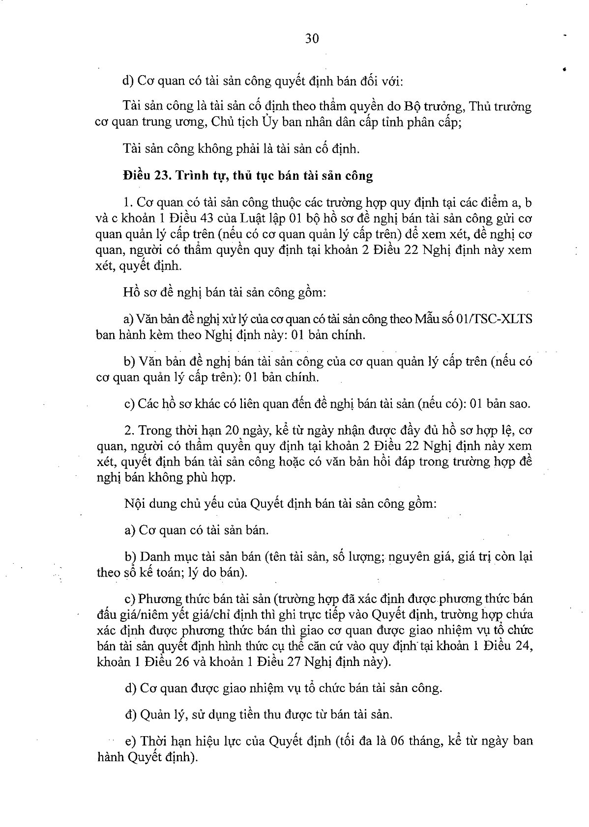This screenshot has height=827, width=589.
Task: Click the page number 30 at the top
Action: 312,38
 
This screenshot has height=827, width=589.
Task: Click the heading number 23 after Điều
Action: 166,175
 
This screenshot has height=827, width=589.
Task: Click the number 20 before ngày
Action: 232,430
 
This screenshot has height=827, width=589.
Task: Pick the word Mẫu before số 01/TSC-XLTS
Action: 429,319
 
